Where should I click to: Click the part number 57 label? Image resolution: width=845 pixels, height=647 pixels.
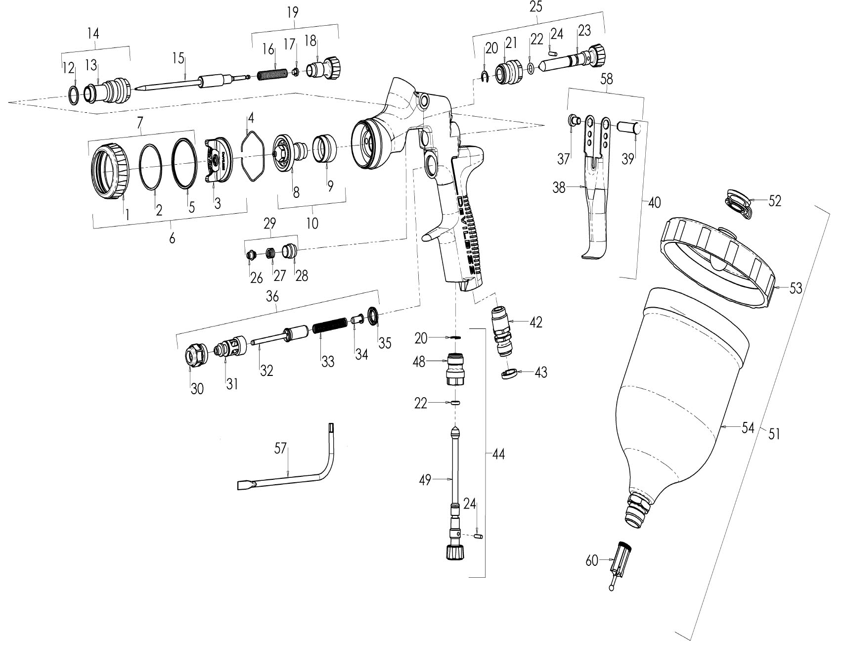(x=280, y=449)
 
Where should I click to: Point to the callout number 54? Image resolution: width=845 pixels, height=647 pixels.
(x=748, y=428)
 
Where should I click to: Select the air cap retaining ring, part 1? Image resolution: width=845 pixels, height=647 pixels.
(x=110, y=171)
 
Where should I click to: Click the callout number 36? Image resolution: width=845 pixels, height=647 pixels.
(x=272, y=297)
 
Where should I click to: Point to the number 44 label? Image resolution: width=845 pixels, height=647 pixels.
(x=498, y=454)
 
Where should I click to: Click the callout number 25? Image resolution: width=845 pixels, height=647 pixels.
(x=535, y=7)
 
